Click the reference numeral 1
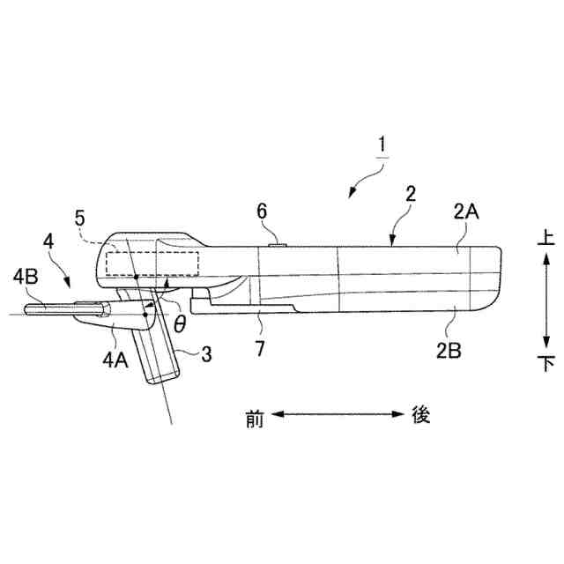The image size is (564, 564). pyautogui.click(x=382, y=144)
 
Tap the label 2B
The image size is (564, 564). pyautogui.click(x=449, y=347)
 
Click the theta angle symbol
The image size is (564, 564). pyautogui.click(x=179, y=323)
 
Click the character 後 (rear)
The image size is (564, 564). pyautogui.click(x=420, y=415)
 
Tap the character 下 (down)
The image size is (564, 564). pyautogui.click(x=545, y=362)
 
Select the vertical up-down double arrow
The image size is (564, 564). pyautogui.click(x=545, y=300)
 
